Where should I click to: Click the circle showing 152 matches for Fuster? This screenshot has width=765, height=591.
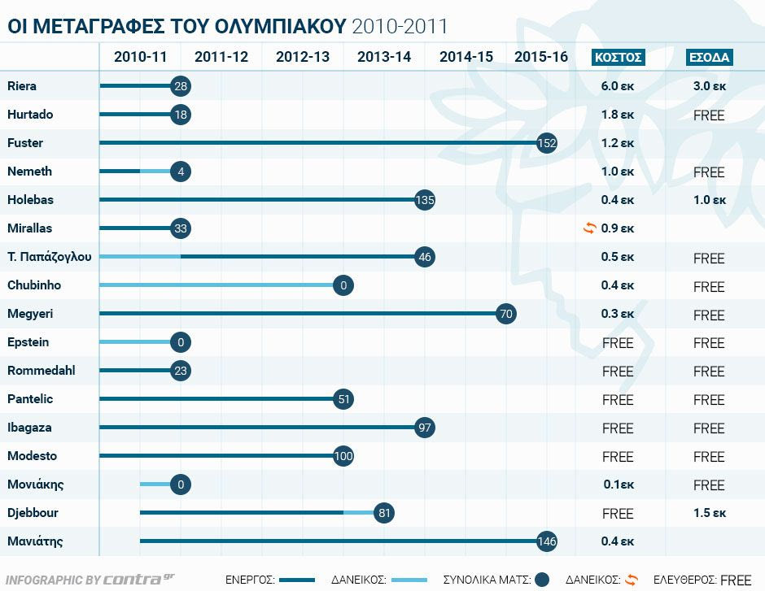tap(547, 143)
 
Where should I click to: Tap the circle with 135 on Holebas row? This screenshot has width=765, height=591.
tap(425, 200)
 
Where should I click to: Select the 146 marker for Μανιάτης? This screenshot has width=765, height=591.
tap(547, 541)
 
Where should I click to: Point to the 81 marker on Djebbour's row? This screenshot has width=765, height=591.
tap(384, 513)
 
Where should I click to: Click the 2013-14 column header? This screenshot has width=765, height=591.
tap(384, 57)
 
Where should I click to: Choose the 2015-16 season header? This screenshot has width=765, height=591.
tap(541, 57)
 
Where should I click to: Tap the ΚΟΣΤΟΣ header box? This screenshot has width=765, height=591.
tap(618, 57)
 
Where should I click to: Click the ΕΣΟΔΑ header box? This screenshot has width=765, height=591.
tap(710, 57)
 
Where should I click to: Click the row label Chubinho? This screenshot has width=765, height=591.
tap(34, 285)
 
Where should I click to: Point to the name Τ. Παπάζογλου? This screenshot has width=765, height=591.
tap(49, 257)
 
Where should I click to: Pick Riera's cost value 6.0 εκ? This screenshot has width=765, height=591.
tap(618, 86)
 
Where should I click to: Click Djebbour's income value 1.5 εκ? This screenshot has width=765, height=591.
tap(709, 513)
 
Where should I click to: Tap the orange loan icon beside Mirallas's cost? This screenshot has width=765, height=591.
tap(590, 228)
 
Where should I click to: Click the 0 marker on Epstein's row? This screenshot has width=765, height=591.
tap(181, 342)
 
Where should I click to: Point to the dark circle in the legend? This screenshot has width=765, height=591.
tap(543, 580)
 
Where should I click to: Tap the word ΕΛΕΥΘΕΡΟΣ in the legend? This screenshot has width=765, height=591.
tap(684, 580)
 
